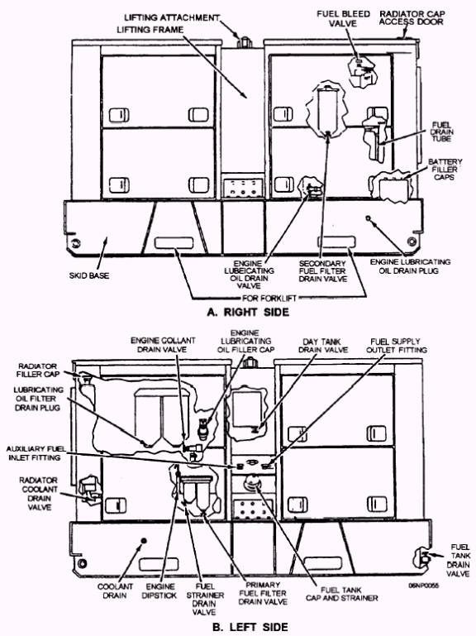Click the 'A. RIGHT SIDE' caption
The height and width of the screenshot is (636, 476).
[248, 312]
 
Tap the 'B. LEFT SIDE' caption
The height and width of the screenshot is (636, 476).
[250, 627]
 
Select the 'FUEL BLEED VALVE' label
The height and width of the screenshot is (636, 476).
[343, 19]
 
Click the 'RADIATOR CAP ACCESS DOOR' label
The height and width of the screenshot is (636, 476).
[412, 17]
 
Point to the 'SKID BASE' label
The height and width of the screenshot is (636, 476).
[89, 275]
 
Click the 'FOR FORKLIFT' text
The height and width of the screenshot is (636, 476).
[269, 298]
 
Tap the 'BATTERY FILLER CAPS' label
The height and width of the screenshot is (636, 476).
[445, 170]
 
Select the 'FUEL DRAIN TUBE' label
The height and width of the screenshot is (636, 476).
[441, 132]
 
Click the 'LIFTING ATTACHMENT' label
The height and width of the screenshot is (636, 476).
[172, 17]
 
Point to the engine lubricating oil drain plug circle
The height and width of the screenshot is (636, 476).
[368, 218]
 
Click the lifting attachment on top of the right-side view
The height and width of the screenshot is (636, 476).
[245, 42]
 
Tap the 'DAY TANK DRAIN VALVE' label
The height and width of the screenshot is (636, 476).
[323, 346]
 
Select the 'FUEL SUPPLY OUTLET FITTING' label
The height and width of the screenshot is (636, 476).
[396, 345]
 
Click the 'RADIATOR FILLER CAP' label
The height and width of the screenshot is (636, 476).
[38, 370]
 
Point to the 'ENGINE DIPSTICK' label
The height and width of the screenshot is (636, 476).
[159, 591]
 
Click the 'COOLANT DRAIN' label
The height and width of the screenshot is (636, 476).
[115, 591]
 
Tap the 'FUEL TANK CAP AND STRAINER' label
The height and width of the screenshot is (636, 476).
[342, 594]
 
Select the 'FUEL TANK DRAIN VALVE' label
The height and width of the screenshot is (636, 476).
[459, 560]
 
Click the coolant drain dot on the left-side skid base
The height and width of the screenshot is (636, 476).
[143, 541]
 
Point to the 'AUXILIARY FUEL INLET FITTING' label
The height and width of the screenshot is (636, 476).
[36, 453]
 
